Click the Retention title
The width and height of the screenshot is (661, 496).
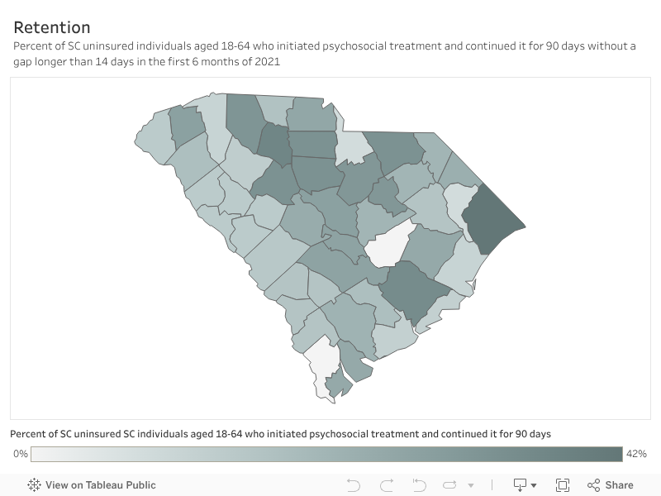[52, 27]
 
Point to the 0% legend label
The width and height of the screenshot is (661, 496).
[21, 454]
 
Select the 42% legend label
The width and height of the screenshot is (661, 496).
[636, 454]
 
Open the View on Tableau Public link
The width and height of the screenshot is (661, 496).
[100, 485]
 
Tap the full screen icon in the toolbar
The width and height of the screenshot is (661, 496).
[563, 485]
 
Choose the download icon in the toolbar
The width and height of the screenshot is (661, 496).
[521, 485]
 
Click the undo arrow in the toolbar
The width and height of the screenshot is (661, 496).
[354, 485]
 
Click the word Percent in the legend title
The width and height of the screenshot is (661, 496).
[29, 434]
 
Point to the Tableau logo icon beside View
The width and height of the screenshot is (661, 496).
[35, 485]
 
